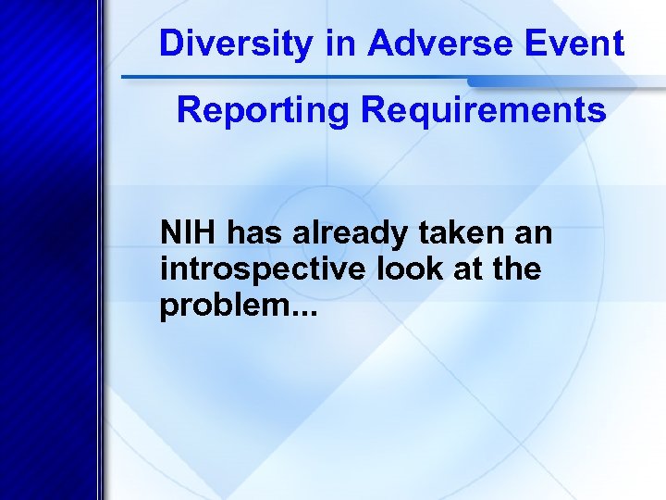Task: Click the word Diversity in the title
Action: pos(235,44)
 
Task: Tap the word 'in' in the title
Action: pos(339,44)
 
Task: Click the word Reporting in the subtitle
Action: pos(264,111)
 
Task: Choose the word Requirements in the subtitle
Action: pos(484,111)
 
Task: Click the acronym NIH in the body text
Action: pos(188,232)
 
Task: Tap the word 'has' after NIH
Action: pos(250,232)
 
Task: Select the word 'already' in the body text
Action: pos(339,234)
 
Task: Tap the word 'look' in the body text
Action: pos(390,269)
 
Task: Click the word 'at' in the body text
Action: pos(457,270)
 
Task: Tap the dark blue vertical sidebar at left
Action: pos(46,278)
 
